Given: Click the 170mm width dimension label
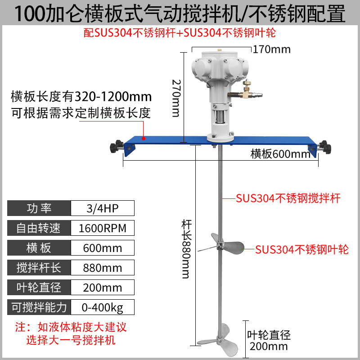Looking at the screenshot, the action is tap(272, 49).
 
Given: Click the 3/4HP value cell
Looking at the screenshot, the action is tap(102, 208).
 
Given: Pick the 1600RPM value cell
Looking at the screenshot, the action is tap(102, 228).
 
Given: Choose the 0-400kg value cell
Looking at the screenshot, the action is tap(102, 307).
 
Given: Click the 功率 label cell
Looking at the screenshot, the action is tap(39, 208).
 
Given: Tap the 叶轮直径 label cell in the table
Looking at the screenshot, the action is tap(39, 288).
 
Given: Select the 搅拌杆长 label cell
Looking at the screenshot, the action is tap(39, 268).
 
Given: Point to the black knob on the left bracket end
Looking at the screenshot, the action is tap(117, 146).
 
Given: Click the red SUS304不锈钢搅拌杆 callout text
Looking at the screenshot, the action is tap(288, 198).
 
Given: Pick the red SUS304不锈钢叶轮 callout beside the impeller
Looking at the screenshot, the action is tap(302, 249).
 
